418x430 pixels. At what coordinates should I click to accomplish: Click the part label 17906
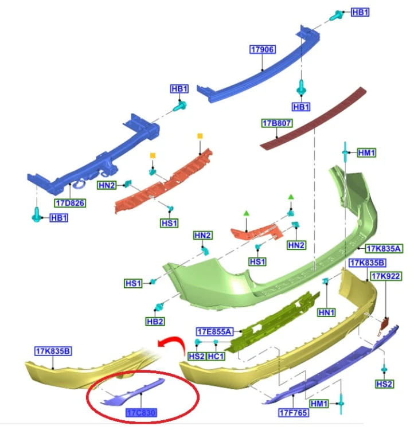263,49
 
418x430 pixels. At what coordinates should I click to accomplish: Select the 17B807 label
276,123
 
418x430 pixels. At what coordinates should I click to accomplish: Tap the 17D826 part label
70,203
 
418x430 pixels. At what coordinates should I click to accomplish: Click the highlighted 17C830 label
141,412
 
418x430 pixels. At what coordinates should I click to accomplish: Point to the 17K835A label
384,249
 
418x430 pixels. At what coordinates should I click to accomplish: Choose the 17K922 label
386,276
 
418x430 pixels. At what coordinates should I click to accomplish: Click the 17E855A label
215,332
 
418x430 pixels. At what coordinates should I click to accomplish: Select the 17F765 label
293,412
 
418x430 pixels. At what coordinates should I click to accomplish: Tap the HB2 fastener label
155,322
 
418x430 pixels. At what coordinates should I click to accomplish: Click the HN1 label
326,312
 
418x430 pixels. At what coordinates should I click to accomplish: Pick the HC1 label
216,356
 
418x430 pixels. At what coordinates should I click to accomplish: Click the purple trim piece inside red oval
132,392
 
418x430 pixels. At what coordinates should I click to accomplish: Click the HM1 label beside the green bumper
367,153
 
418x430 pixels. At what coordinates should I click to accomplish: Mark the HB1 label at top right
360,13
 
